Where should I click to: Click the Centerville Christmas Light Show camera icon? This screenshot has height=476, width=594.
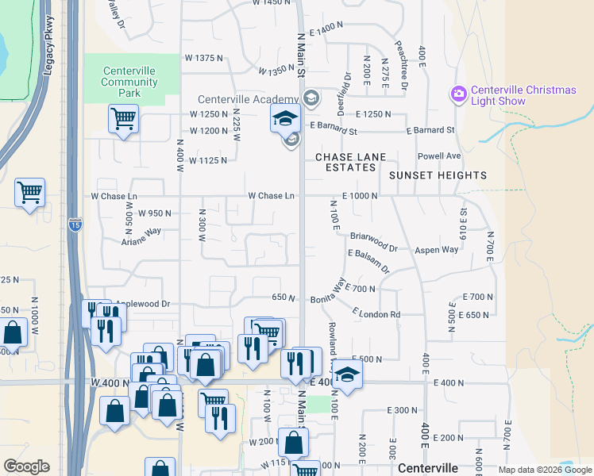point(458,95)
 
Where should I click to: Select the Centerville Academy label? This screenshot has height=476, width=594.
point(237,99)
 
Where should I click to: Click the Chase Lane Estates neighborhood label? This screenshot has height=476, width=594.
point(345,162)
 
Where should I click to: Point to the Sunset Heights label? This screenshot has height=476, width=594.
point(438,175)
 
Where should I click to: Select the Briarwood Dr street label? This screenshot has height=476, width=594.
point(379,236)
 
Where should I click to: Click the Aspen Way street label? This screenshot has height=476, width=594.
point(437,249)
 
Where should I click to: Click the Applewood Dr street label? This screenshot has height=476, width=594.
point(143,303)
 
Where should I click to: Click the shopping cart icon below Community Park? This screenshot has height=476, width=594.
point(123,119)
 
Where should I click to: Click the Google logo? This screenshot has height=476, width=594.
point(27,466)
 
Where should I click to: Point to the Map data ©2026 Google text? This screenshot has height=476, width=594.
point(544,470)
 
